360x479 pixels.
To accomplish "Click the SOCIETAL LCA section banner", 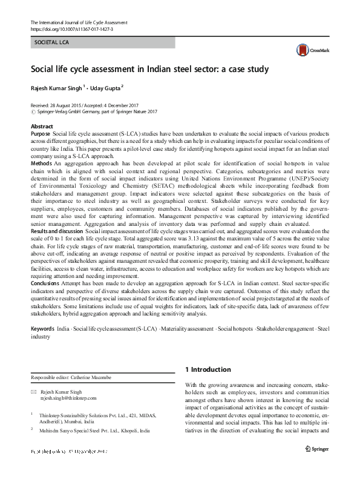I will pyautogui.click(x=102, y=42).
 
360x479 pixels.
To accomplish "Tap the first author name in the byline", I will pyautogui.click(x=57, y=87).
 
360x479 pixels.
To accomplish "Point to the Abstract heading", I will pyautogui.click(x=42, y=126).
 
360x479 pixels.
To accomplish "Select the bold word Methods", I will pyautogui.click(x=41, y=164).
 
